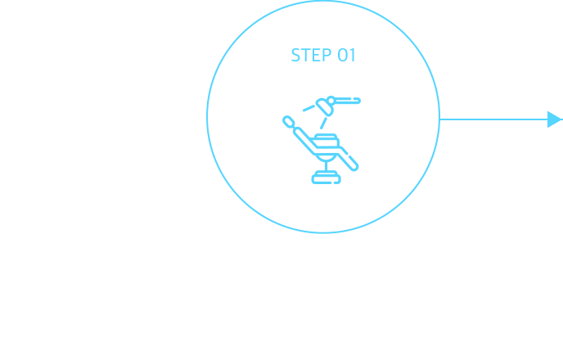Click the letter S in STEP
(295, 56)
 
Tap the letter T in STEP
(304, 56)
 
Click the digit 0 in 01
(341, 56)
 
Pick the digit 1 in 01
(349, 56)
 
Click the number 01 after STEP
(345, 56)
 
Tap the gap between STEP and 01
(331, 56)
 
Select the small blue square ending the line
(555, 119)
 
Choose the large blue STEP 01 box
(322, 147)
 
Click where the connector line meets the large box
(441, 119)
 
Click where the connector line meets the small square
(547, 119)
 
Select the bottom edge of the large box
(322, 234)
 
